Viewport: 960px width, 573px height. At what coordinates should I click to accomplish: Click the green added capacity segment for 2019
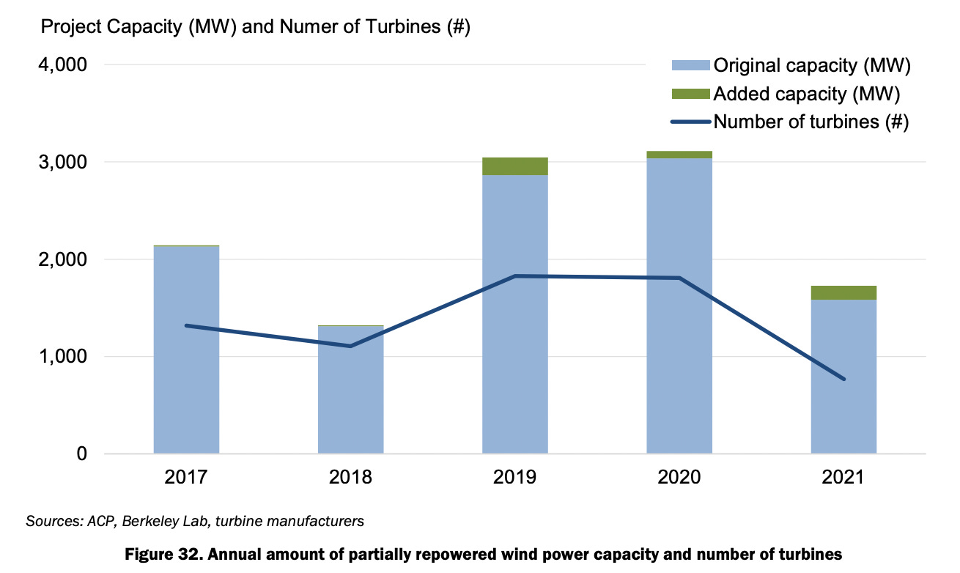click(514, 166)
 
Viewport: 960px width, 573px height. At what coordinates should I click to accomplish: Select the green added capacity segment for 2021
click(843, 293)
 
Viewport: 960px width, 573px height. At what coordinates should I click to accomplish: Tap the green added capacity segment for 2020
click(679, 155)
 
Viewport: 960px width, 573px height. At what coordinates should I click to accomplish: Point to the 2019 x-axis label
click(514, 478)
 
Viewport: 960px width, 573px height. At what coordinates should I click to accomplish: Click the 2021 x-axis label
click(843, 478)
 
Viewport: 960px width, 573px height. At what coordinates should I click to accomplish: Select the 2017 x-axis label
click(186, 478)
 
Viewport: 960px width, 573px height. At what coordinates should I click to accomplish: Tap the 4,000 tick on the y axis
click(61, 65)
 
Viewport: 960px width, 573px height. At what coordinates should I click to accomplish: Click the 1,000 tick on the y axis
click(61, 357)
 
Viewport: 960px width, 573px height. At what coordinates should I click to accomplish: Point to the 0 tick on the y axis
click(81, 454)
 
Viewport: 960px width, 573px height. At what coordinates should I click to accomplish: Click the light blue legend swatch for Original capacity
click(690, 66)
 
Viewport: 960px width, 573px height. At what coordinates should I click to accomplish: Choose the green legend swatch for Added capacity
click(690, 94)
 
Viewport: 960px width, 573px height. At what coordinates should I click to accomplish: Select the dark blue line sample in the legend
click(690, 122)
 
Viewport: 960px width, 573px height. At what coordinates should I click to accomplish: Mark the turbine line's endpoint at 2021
click(843, 379)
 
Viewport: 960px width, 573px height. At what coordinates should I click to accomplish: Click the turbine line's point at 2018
click(350, 346)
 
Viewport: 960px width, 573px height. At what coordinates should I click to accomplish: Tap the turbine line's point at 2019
click(514, 276)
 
